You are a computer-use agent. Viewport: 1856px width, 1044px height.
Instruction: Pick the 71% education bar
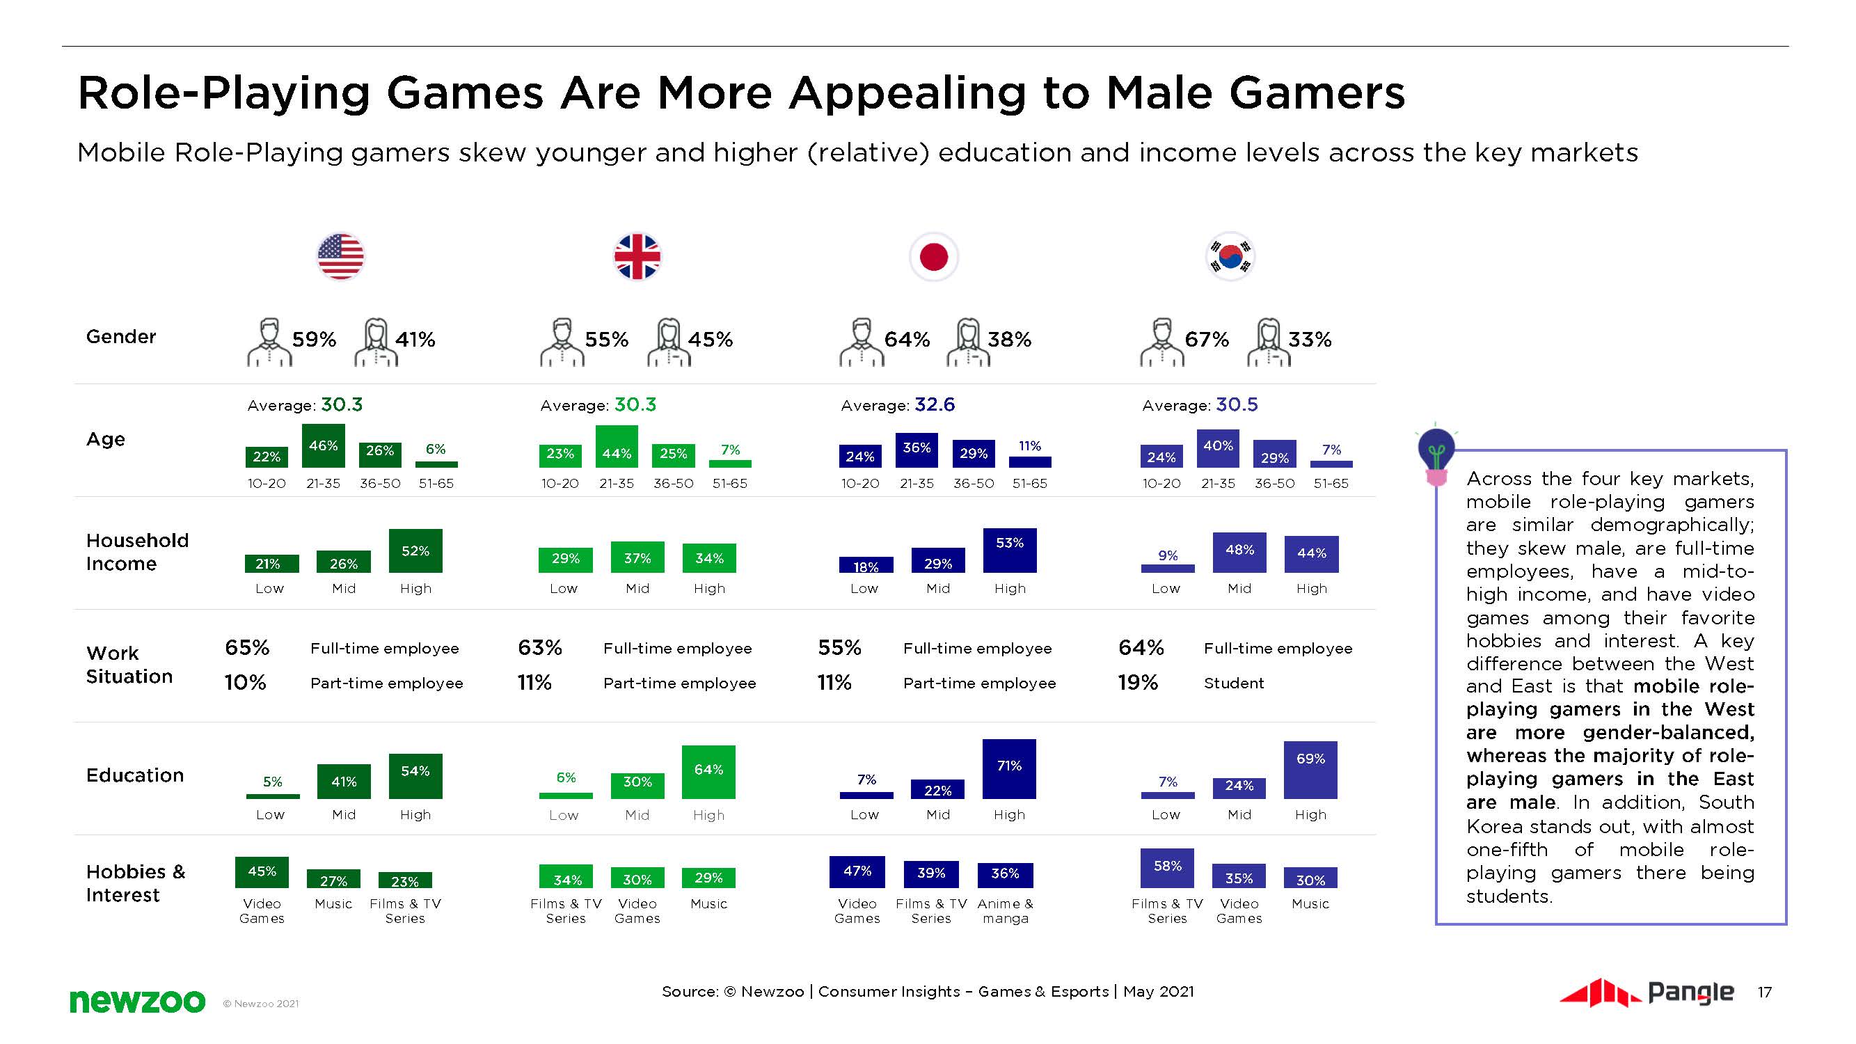[1008, 769]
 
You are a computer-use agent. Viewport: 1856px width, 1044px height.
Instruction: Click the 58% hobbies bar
[1167, 868]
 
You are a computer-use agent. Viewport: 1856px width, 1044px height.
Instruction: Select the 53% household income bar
[1009, 551]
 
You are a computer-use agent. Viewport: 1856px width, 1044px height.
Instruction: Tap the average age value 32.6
[935, 405]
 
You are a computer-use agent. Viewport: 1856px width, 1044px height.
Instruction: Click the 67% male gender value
[1207, 340]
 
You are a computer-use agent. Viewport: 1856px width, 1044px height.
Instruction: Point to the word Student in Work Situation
[1233, 683]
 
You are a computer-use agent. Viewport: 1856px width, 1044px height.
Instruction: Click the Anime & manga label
[1005, 910]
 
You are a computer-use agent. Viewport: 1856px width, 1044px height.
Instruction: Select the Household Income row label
[137, 552]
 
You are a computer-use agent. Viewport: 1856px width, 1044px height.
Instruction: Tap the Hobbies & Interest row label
[136, 883]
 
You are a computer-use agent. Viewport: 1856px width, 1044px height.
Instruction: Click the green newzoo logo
[137, 1001]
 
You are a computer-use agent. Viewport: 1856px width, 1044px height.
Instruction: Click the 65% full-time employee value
[247, 648]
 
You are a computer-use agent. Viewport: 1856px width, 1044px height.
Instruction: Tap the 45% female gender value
[711, 340]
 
